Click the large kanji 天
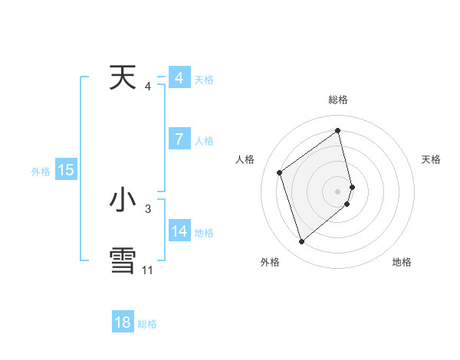[123, 78]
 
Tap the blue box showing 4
[179, 78]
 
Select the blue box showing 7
[179, 139]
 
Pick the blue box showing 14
[179, 231]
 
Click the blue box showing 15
[66, 170]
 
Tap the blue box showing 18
[123, 322]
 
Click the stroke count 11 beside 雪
[147, 270]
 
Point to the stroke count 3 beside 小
[148, 208]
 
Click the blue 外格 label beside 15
[41, 172]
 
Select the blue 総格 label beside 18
[147, 324]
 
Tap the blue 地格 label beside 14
[204, 233]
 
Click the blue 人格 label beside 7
[204, 141]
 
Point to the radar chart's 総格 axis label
[338, 100]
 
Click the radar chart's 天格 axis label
[431, 159]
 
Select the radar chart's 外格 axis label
[270, 262]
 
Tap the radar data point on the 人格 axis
[280, 172]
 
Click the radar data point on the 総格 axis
[338, 130]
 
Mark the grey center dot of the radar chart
[338, 191]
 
